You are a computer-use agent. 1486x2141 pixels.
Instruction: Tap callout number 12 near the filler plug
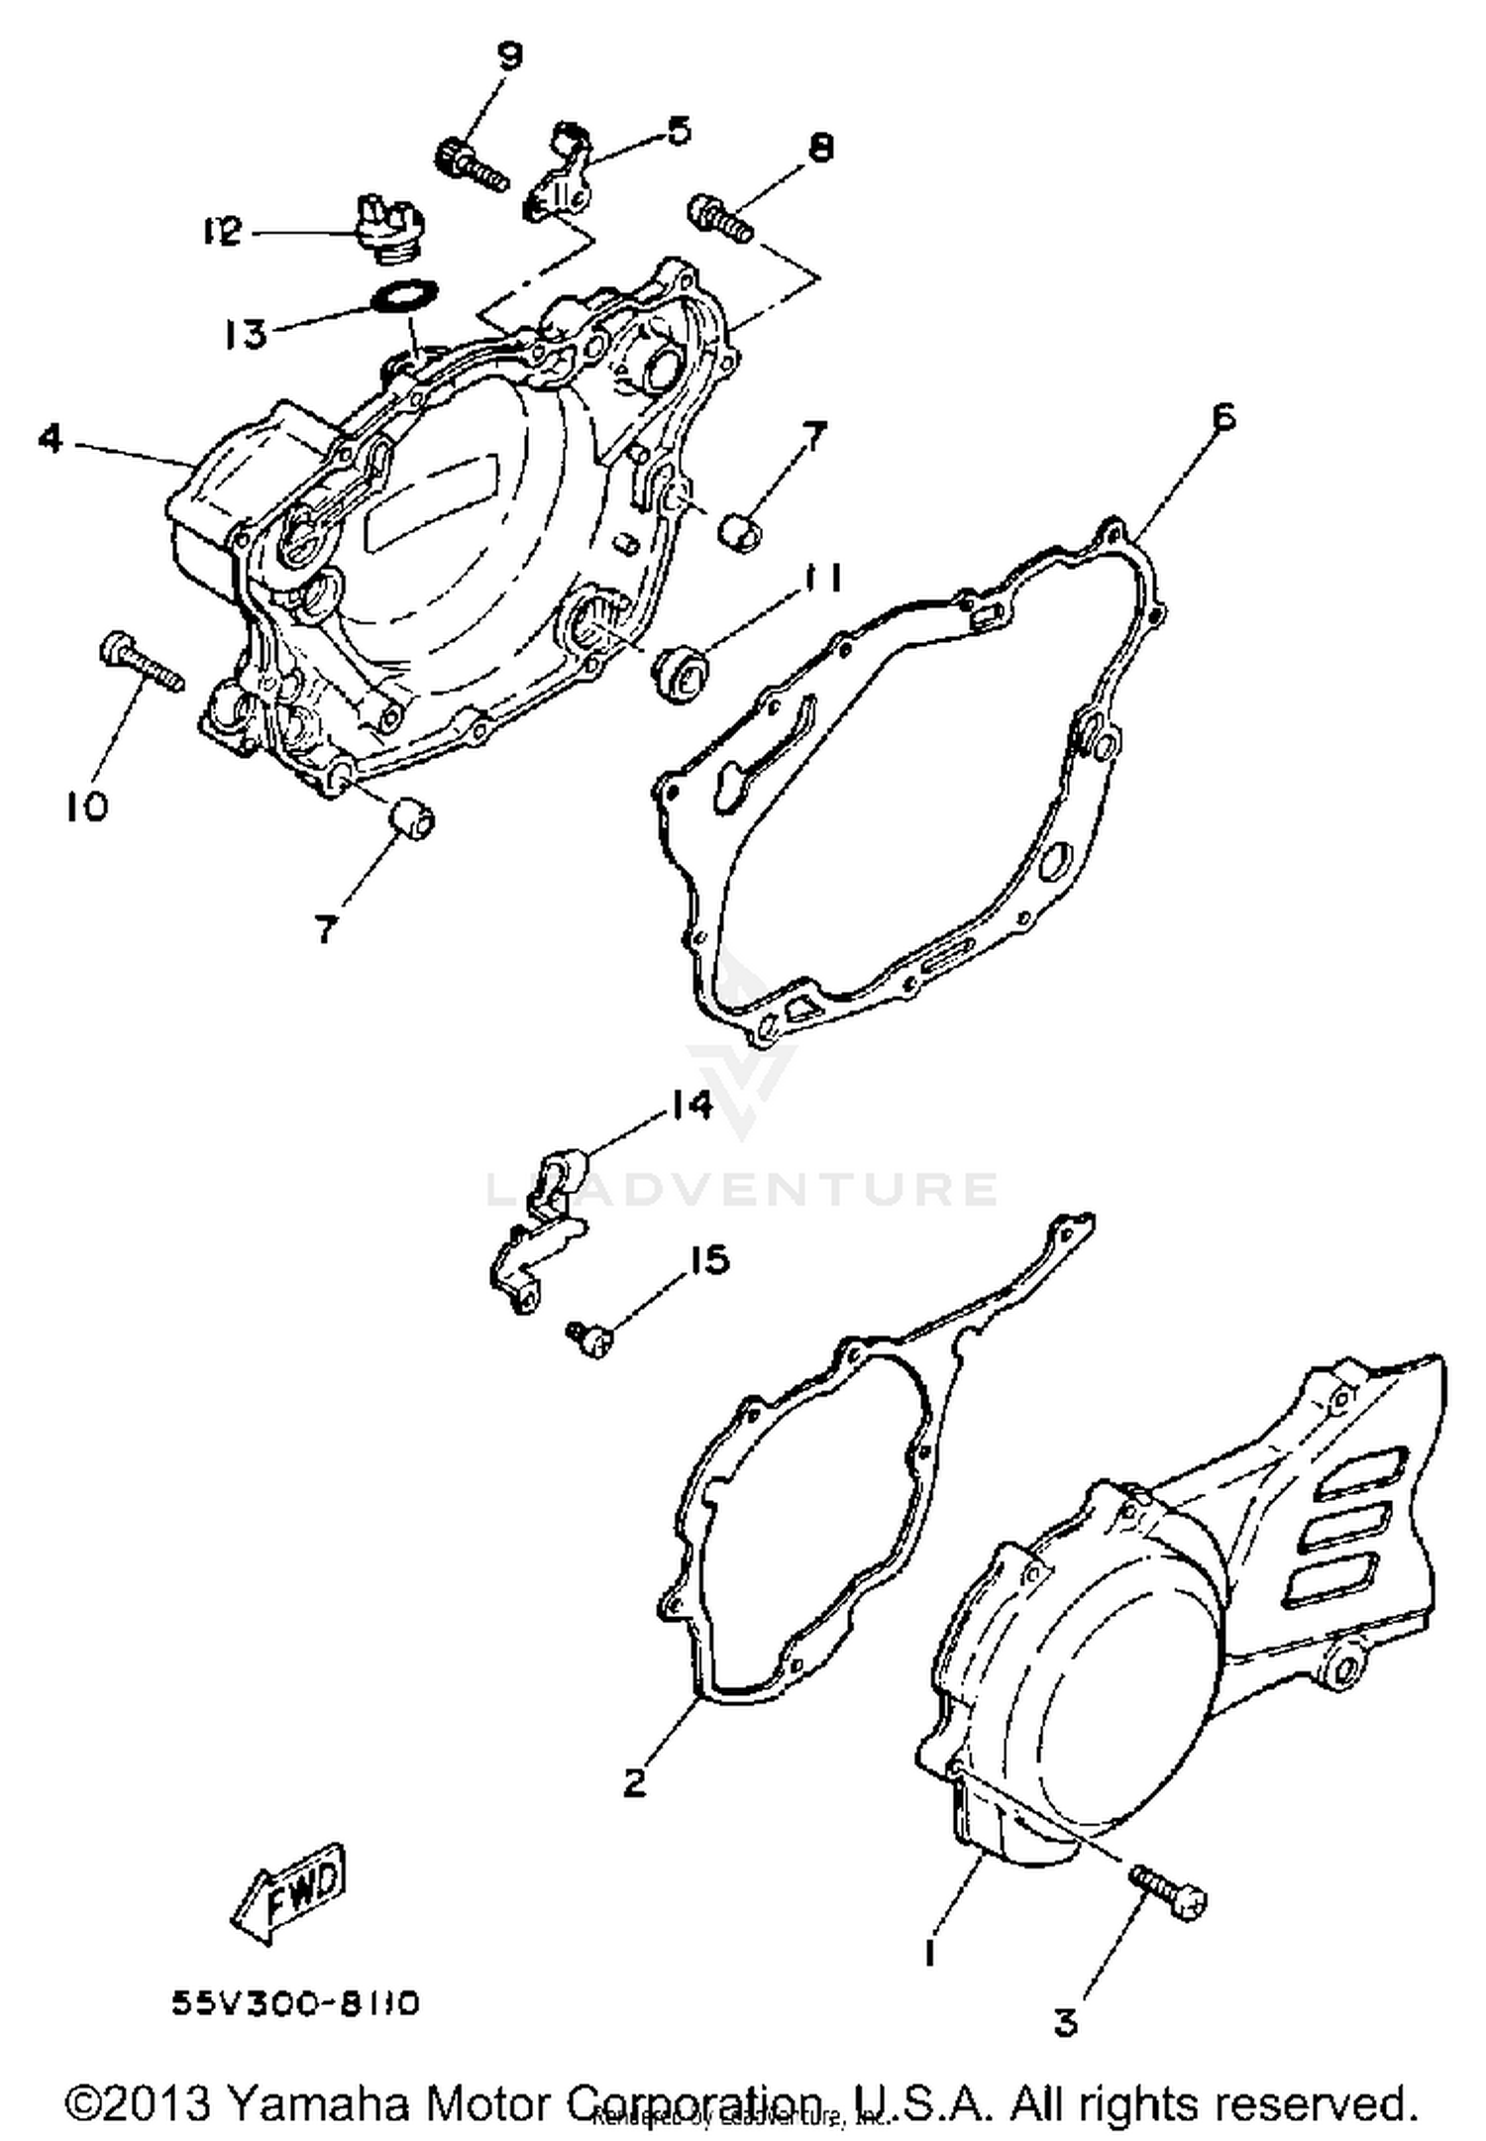tap(222, 234)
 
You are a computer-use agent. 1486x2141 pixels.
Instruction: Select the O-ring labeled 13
tap(406, 296)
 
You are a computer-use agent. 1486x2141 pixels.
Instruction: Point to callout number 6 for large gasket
tap(1224, 418)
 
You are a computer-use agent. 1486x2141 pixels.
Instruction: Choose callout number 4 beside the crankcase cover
tap(52, 438)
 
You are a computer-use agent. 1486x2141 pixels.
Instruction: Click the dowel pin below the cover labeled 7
tap(411, 818)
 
